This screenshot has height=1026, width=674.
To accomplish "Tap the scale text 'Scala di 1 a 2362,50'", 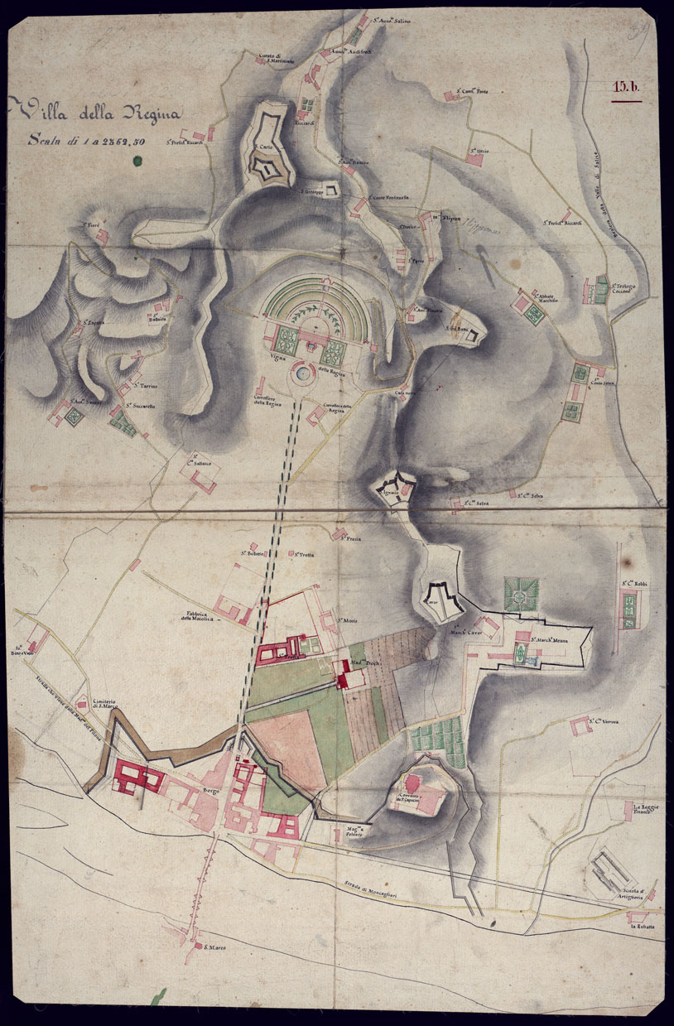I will (86, 141).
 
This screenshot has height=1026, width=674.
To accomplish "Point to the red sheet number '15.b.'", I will (626, 86).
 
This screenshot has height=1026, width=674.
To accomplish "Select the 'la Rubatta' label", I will (645, 926).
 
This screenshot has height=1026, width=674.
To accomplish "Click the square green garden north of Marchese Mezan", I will (522, 595).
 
